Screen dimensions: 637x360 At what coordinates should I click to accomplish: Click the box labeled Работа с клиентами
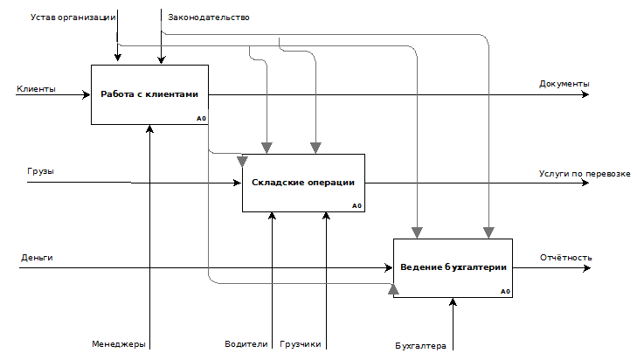click(150, 94)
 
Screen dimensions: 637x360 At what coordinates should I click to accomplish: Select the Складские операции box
click(303, 183)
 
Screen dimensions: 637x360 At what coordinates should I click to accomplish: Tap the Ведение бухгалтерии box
click(453, 268)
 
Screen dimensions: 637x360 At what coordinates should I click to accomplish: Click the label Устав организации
click(73, 17)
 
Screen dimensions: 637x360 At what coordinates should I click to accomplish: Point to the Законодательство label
click(209, 17)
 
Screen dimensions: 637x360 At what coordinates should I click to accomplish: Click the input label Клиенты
click(36, 89)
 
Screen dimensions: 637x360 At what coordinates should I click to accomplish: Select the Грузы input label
click(40, 171)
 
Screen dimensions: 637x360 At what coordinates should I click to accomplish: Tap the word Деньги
click(37, 258)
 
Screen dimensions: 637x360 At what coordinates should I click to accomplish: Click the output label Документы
click(564, 84)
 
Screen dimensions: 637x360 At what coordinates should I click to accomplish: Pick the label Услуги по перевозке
click(585, 174)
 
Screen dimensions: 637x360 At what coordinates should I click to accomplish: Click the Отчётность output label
click(566, 258)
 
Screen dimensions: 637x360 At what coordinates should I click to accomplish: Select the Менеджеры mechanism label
click(119, 344)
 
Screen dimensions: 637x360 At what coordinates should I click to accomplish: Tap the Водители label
click(246, 344)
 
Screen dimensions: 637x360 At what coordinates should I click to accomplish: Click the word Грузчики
click(301, 344)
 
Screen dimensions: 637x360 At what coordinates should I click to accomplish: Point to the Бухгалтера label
click(420, 346)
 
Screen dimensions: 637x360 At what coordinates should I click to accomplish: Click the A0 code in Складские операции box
click(357, 206)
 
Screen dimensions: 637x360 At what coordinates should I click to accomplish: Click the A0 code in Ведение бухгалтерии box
click(505, 291)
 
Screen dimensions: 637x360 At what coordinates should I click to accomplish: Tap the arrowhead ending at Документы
click(585, 94)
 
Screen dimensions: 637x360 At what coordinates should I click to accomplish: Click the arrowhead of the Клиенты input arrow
click(87, 94)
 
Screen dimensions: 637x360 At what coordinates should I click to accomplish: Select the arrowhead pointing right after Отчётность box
click(586, 268)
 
